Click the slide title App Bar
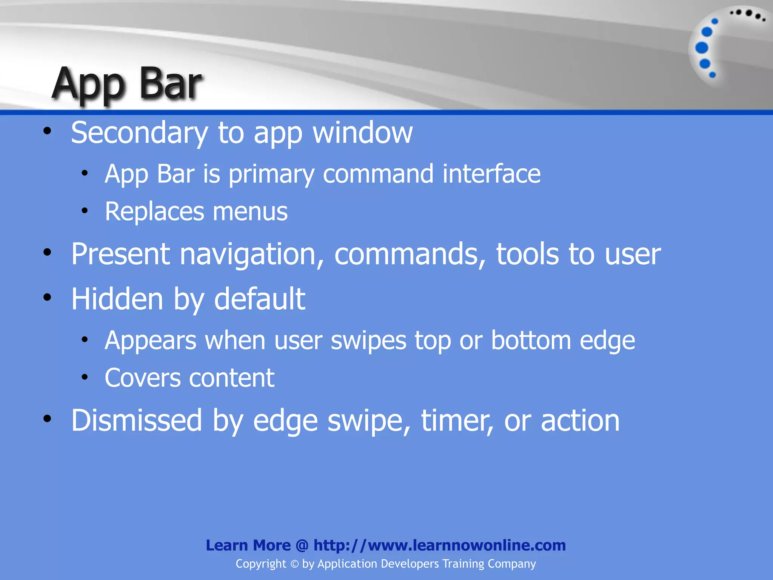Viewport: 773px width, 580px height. [x=126, y=84]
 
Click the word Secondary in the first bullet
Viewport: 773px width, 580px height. [x=139, y=133]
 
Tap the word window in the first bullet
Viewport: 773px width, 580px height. [x=363, y=133]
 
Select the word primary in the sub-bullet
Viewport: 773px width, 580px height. [x=271, y=174]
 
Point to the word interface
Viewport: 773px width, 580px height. [x=491, y=174]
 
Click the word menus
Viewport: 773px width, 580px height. [x=250, y=211]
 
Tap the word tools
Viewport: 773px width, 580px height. [x=527, y=254]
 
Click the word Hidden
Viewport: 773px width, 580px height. [x=117, y=299]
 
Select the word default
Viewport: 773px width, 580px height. [x=260, y=299]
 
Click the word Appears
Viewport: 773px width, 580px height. [x=151, y=341]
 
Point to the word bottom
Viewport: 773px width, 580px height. [x=531, y=340]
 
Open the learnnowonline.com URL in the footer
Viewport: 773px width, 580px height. [x=440, y=545]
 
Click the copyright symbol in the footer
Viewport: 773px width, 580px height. [x=294, y=564]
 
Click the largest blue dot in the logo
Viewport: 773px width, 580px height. [x=702, y=48]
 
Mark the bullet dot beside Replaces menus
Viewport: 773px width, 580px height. [x=85, y=211]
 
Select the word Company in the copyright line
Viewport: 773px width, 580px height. [x=511, y=564]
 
